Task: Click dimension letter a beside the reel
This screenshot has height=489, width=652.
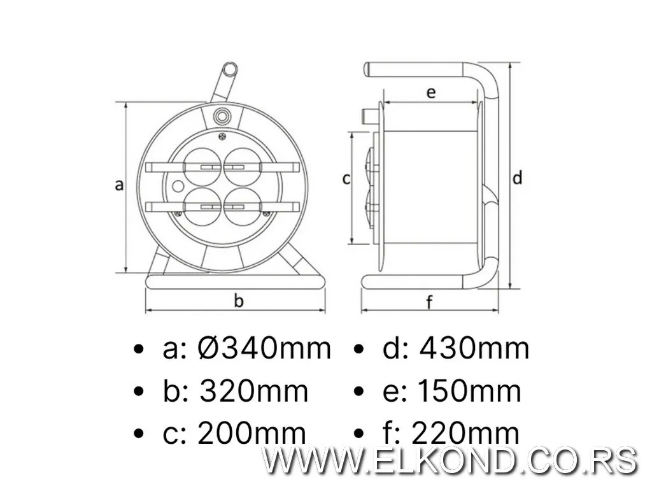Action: coord(118,185)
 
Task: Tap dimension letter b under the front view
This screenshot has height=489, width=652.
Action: coord(238,301)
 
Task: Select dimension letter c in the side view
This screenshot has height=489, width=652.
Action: coord(346,179)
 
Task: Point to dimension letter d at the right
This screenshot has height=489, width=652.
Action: coord(518,178)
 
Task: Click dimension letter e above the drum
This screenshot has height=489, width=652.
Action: coord(430,92)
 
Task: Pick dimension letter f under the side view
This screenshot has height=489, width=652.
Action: coord(430,302)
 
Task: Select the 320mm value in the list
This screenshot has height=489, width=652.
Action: coord(253,392)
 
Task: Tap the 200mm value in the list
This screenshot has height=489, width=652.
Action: coord(252,434)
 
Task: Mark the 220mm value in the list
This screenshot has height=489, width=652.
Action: coord(465,434)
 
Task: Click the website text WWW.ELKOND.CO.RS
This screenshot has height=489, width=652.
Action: coord(451,460)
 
